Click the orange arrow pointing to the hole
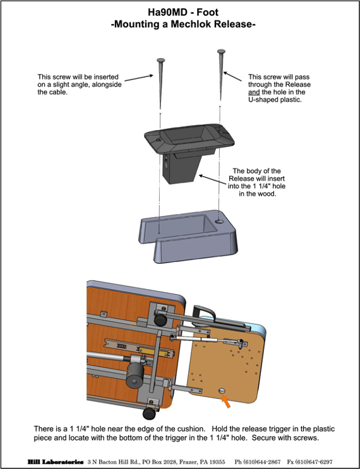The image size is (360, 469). point(226,401)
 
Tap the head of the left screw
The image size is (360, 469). point(160,61)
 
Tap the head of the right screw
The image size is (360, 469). point(221,52)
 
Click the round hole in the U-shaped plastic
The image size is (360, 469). point(220,222)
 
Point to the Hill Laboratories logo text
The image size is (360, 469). point(56,462)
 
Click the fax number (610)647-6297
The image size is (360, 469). point(314,462)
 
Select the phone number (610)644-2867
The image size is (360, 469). point(262,462)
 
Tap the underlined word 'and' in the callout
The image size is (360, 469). point(254,92)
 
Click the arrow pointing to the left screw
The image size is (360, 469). point(139,78)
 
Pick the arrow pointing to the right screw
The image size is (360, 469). point(232,76)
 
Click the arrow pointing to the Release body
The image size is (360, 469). point(213,179)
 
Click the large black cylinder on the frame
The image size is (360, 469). point(135,376)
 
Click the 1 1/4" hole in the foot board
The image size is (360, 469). point(222,391)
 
